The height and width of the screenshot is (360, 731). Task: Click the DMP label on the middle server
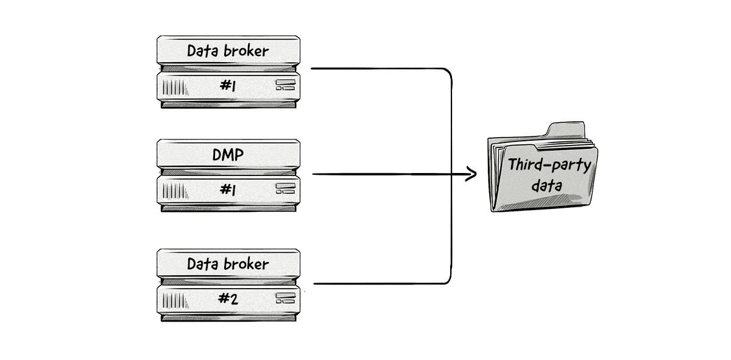(x=227, y=155)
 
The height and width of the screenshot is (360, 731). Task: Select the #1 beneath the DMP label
(x=227, y=190)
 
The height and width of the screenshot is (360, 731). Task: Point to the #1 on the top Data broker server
(x=227, y=86)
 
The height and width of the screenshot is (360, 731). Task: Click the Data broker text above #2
(x=227, y=264)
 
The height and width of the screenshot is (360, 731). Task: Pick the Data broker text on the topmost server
(x=227, y=51)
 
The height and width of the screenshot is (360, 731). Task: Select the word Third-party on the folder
(x=548, y=165)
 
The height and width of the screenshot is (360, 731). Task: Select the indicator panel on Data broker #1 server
(x=284, y=84)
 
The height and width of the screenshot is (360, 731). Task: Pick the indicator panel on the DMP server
(x=284, y=188)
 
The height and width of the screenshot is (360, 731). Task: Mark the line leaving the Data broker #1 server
(x=378, y=68)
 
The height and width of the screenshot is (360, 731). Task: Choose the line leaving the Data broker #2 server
(x=378, y=284)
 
